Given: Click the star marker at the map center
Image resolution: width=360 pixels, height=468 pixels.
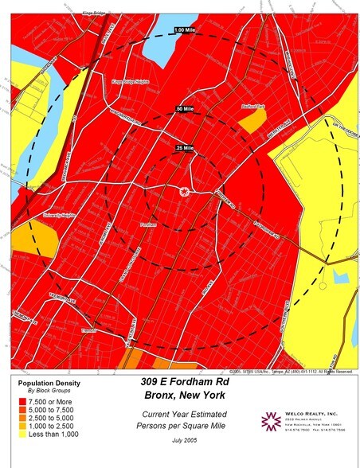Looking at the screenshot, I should tap(185, 191).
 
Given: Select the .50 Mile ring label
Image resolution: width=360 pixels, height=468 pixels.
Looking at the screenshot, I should tap(185, 108).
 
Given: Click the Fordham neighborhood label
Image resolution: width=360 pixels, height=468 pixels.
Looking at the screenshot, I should tap(147, 225).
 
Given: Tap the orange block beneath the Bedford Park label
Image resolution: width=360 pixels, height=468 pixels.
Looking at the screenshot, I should tap(253, 119).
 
